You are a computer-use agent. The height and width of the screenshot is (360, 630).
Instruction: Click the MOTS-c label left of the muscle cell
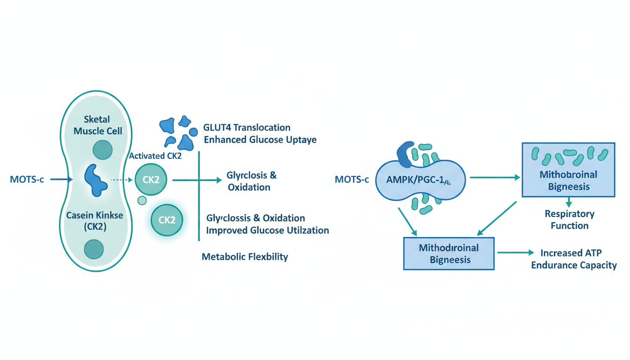(27, 179)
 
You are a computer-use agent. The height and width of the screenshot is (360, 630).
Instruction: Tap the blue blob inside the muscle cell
(96, 180)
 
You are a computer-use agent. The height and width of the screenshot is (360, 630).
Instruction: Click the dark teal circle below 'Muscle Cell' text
(103, 150)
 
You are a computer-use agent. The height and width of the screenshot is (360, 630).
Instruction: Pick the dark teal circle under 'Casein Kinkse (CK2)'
(94, 248)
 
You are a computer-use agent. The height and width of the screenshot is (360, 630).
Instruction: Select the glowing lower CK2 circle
(167, 219)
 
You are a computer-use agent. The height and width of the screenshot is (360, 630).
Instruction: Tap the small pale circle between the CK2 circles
(142, 201)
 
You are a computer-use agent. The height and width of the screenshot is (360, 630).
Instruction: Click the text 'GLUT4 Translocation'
(247, 127)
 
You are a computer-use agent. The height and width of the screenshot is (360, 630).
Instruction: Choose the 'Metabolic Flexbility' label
(245, 257)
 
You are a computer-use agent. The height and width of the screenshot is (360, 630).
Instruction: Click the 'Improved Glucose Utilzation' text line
(267, 230)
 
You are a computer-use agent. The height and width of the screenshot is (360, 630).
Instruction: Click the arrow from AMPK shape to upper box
(495, 178)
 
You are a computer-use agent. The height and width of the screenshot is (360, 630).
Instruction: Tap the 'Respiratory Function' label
(570, 219)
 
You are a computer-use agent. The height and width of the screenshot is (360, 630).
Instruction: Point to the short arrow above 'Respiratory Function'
(569, 202)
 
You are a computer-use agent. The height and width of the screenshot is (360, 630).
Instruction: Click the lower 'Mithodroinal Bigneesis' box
(449, 253)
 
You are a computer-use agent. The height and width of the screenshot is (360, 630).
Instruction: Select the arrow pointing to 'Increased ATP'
(515, 253)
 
